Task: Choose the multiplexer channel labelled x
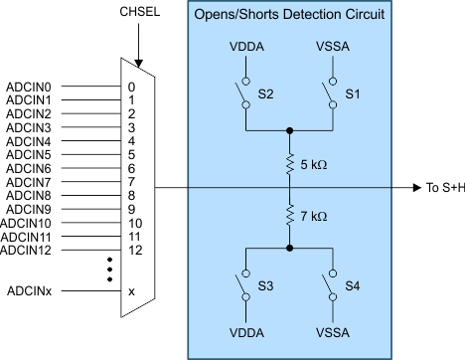tap(131, 290)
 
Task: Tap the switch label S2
tap(266, 92)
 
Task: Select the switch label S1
tap(352, 92)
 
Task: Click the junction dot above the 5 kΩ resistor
tap(289, 129)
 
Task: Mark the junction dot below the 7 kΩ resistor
tap(289, 247)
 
